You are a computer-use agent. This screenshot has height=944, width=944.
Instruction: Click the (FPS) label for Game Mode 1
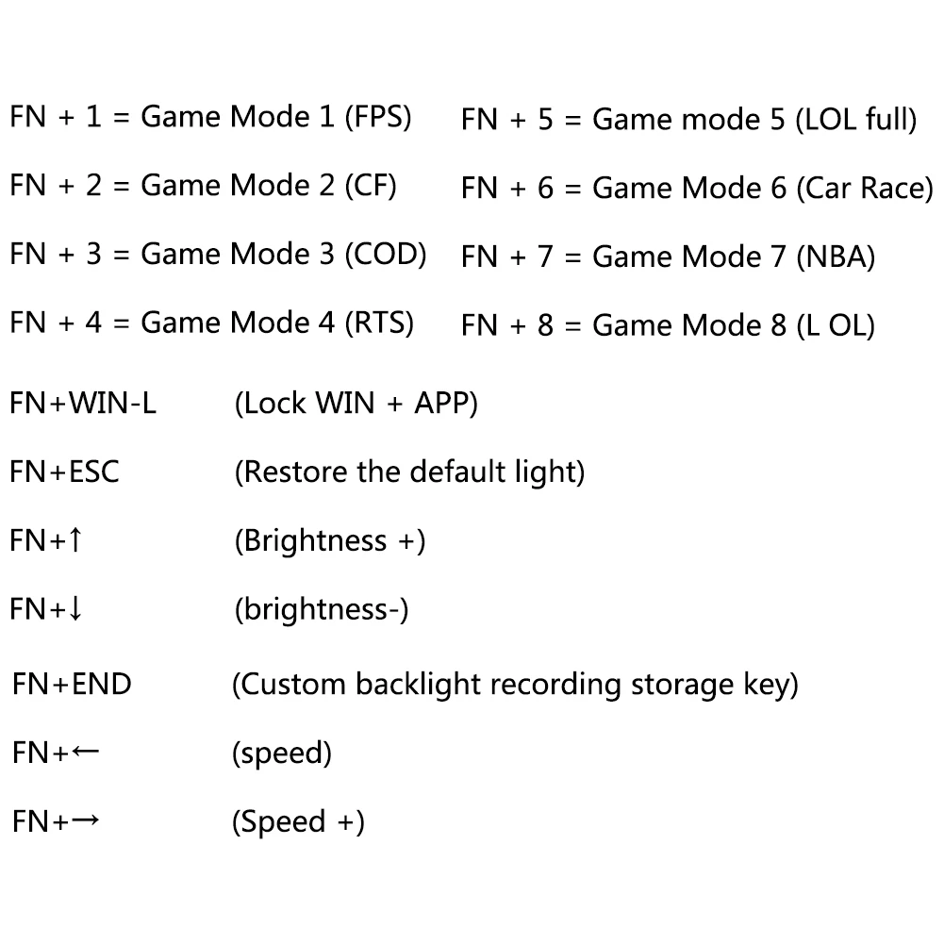pyautogui.click(x=378, y=117)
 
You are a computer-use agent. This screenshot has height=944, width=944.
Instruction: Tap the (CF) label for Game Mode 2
pyautogui.click(x=371, y=186)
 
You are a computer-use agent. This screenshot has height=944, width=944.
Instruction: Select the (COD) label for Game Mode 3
pyautogui.click(x=386, y=254)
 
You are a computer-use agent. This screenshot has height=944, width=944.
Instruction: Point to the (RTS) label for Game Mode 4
pyautogui.click(x=379, y=323)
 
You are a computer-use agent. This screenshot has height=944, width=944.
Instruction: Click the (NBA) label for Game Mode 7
pyautogui.click(x=836, y=257)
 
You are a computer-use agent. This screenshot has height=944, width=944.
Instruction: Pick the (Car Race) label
pyautogui.click(x=865, y=188)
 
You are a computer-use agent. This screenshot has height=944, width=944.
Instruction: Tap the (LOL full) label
pyautogui.click(x=856, y=119)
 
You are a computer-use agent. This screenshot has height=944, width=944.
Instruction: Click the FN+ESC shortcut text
pyautogui.click(x=64, y=472)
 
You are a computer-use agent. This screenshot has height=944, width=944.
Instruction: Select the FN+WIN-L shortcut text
pyautogui.click(x=83, y=403)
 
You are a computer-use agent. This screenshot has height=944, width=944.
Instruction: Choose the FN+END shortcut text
pyautogui.click(x=72, y=684)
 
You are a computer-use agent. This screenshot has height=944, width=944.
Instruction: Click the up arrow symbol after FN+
pyautogui.click(x=75, y=539)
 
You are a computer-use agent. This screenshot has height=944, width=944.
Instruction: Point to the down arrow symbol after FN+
pyautogui.click(x=75, y=608)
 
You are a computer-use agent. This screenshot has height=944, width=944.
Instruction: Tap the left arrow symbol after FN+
pyautogui.click(x=85, y=752)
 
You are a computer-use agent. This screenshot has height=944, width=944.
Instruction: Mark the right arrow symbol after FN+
pyautogui.click(x=85, y=820)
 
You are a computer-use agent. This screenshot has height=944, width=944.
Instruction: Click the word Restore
pyautogui.click(x=295, y=472)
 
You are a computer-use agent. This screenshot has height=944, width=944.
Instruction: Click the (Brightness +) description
pyautogui.click(x=330, y=540)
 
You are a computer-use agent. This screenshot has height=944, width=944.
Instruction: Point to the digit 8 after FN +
pyautogui.click(x=545, y=325)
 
